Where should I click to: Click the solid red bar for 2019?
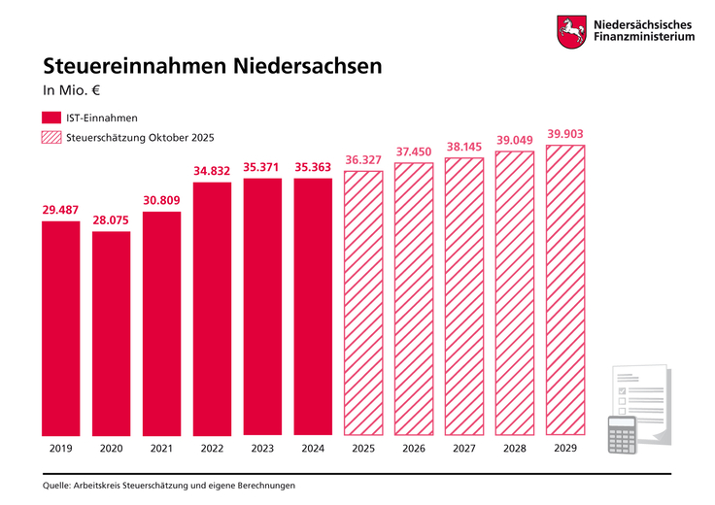click(x=61, y=327)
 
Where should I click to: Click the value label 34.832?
click(x=212, y=171)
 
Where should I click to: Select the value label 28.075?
click(x=112, y=220)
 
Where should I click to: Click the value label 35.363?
click(x=313, y=167)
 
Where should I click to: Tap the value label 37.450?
click(x=415, y=151)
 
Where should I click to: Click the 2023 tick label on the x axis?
click(x=262, y=450)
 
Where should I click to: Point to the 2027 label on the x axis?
click(x=464, y=450)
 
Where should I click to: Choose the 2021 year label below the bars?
click(x=161, y=450)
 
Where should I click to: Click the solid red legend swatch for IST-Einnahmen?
click(x=51, y=118)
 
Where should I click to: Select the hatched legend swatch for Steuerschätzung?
click(x=51, y=138)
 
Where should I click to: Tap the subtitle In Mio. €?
click(x=73, y=92)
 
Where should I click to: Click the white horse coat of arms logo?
click(x=570, y=31)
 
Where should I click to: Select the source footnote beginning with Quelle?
click(x=168, y=485)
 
